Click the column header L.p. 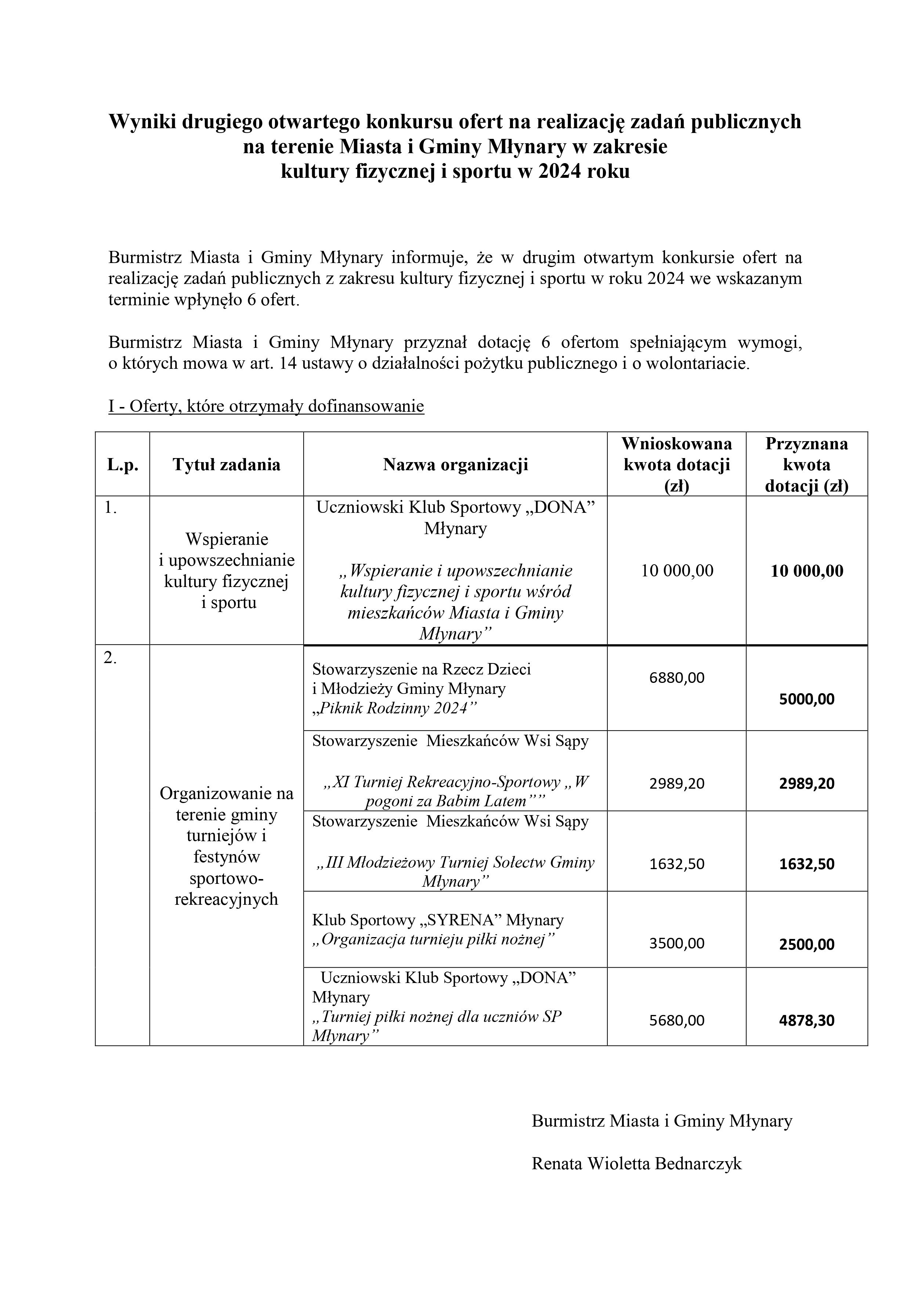[122, 465]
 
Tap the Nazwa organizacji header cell [455, 464]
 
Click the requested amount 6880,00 [676, 678]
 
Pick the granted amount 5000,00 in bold [807, 699]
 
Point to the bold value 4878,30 [807, 1020]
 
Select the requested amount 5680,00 [676, 1020]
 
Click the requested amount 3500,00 [676, 943]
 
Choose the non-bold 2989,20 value [676, 783]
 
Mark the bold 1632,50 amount [807, 864]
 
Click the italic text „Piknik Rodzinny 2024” [394, 709]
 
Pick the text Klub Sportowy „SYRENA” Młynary [438, 920]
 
